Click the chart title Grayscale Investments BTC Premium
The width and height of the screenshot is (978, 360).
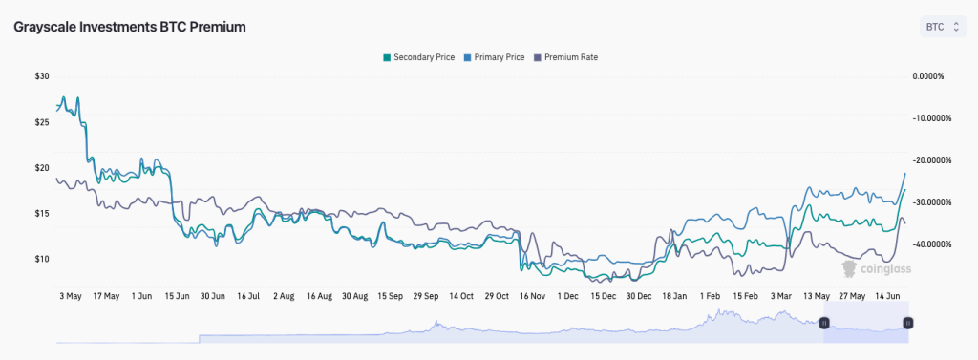pos(130,27)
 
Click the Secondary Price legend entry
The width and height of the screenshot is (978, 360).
pos(418,57)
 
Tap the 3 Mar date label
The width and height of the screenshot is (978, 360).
pos(781,296)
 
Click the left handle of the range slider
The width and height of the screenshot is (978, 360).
pos(825,323)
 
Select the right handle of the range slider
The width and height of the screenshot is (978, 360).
pos(908,323)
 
